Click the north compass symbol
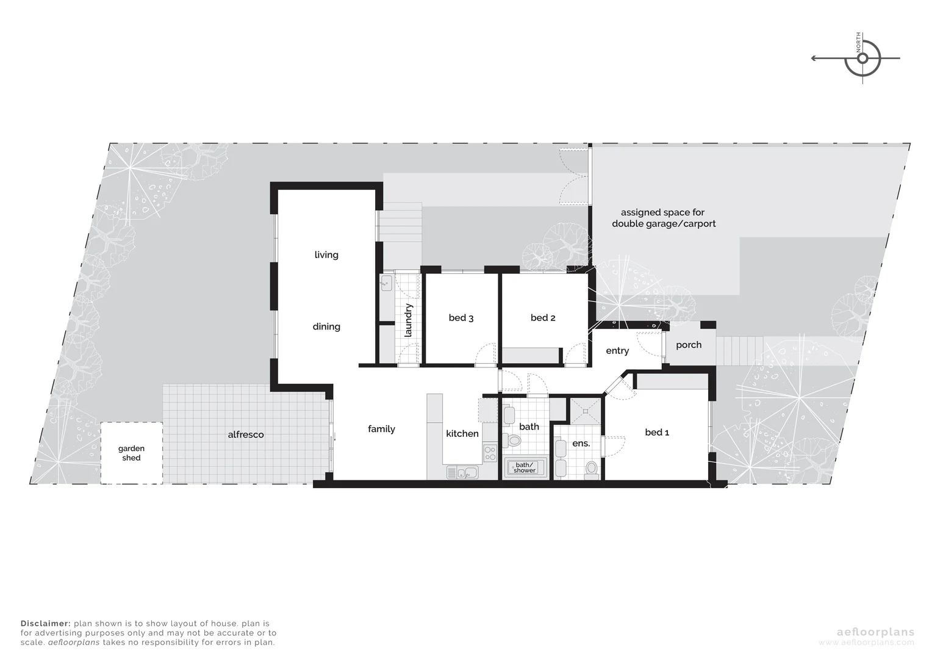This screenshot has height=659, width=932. [862, 59]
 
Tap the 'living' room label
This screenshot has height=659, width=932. [326, 254]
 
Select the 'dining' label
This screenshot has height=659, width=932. [326, 326]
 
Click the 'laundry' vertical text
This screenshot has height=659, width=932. [409, 320]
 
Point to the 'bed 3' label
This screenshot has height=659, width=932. [461, 317]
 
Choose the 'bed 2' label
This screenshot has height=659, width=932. [543, 317]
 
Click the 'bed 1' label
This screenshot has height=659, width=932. [657, 432]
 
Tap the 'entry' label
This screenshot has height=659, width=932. [617, 350]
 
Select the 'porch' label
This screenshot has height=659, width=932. [689, 345]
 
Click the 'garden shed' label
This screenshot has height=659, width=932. [131, 453]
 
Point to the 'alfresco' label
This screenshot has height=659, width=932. [246, 434]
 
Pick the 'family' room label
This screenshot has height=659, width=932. [381, 429]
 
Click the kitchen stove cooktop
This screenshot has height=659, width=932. [490, 453]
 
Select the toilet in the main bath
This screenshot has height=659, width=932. [514, 441]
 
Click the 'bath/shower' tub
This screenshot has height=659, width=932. [524, 468]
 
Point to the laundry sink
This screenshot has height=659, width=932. [386, 283]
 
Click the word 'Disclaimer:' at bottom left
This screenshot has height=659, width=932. [46, 624]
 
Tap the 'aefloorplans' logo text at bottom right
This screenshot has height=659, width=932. [866, 632]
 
